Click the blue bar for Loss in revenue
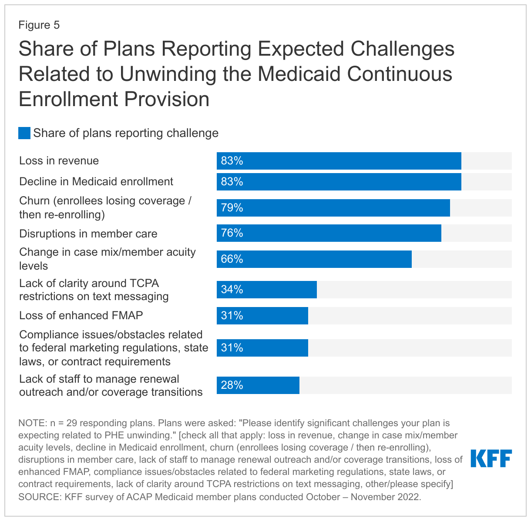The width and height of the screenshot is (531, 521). (x=339, y=161)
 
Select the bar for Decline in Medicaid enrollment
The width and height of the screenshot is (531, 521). (x=339, y=182)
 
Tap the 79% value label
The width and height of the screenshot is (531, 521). (x=232, y=208)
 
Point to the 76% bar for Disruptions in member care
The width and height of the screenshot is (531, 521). (x=329, y=233)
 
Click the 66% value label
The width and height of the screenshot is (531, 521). (x=232, y=259)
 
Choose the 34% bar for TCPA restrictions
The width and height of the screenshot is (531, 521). (x=266, y=290)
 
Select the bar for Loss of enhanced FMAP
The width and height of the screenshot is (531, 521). (x=262, y=316)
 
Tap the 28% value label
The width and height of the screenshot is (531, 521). (x=232, y=385)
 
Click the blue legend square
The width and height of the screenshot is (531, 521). (x=24, y=133)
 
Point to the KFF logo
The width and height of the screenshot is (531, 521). (x=491, y=459)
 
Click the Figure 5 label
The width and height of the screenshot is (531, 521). (x=39, y=25)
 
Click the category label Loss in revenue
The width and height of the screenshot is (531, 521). (x=59, y=161)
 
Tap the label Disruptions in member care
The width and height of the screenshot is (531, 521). (x=88, y=234)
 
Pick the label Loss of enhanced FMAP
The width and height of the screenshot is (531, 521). (x=81, y=316)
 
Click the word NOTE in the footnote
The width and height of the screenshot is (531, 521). (x=32, y=423)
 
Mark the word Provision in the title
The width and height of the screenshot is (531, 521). (x=167, y=99)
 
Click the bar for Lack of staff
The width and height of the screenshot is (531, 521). (x=258, y=385)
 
